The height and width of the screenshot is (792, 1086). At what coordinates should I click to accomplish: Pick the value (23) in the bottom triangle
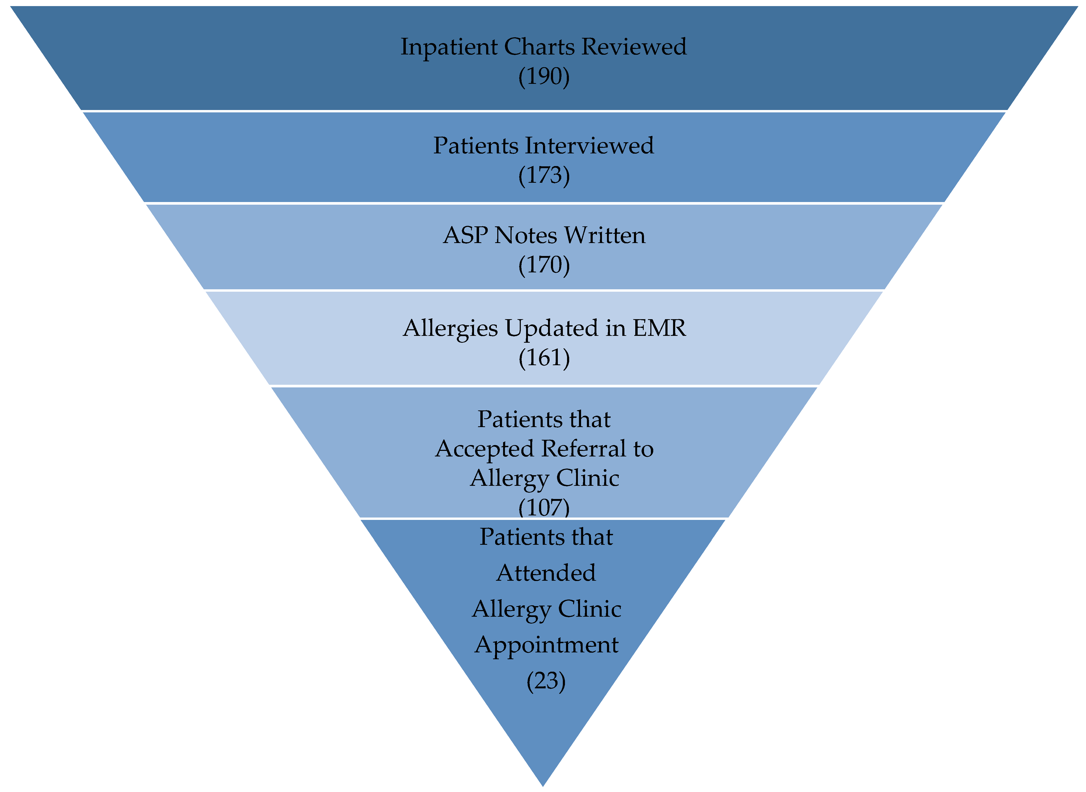coord(546,681)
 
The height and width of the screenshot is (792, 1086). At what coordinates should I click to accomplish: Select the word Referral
coord(583,449)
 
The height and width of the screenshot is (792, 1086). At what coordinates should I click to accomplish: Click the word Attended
coord(546,573)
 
